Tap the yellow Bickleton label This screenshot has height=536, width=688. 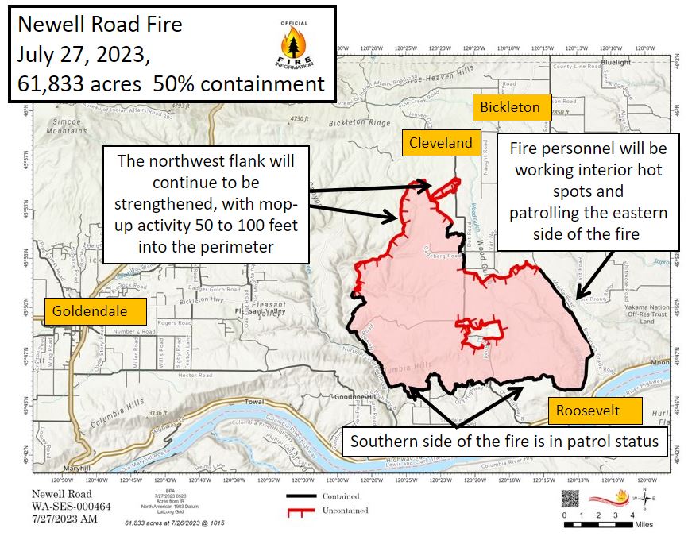click(x=512, y=107)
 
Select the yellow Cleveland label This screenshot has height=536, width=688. click(x=441, y=143)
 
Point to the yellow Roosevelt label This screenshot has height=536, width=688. click(x=587, y=411)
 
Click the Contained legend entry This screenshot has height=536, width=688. click(x=322, y=496)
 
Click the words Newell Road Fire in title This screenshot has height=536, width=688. click(x=100, y=25)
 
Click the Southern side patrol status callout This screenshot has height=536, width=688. click(x=504, y=442)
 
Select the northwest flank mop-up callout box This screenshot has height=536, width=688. click(x=206, y=204)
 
